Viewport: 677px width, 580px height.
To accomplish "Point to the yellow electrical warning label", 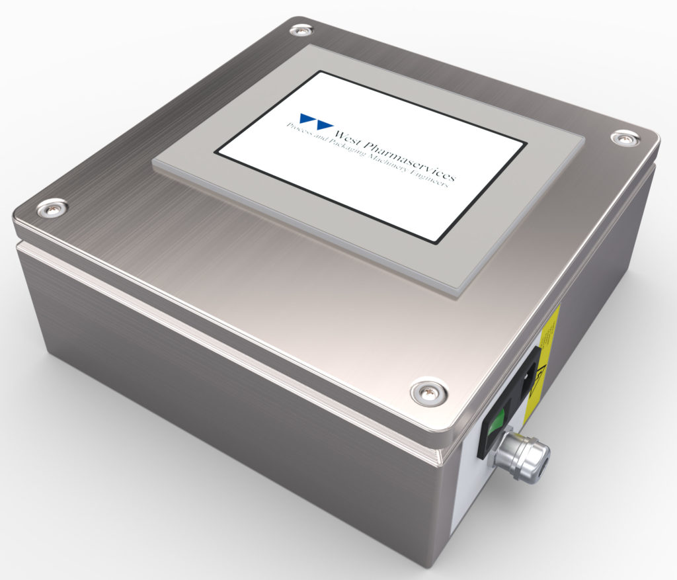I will tap(543, 360).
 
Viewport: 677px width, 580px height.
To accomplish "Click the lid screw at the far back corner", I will tap(301, 30).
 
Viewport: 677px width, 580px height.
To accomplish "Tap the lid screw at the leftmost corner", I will tap(51, 209).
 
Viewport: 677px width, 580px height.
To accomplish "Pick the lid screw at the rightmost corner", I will tap(624, 138).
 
